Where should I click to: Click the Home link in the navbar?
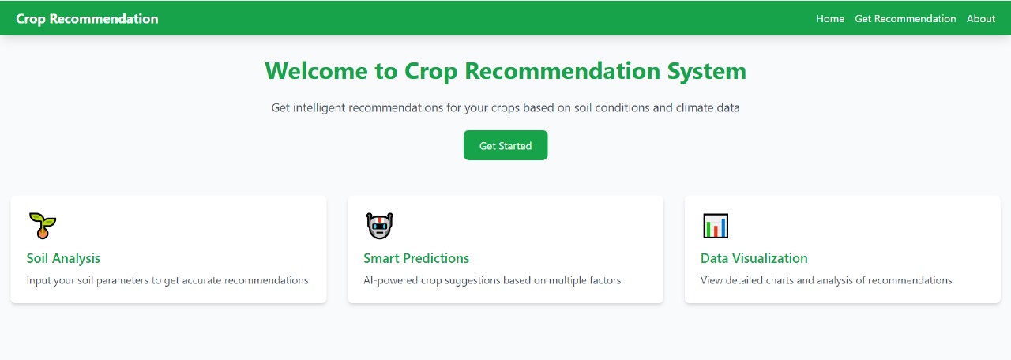click(x=830, y=19)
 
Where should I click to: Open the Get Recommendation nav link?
click(x=905, y=19)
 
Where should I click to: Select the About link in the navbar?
click(x=981, y=19)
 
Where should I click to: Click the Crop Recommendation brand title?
click(x=87, y=19)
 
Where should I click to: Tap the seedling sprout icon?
click(x=42, y=226)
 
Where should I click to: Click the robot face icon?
click(x=379, y=226)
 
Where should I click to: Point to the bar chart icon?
click(x=716, y=226)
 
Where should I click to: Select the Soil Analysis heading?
click(x=63, y=258)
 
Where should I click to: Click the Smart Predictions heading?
click(x=416, y=258)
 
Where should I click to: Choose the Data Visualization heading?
click(x=754, y=258)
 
